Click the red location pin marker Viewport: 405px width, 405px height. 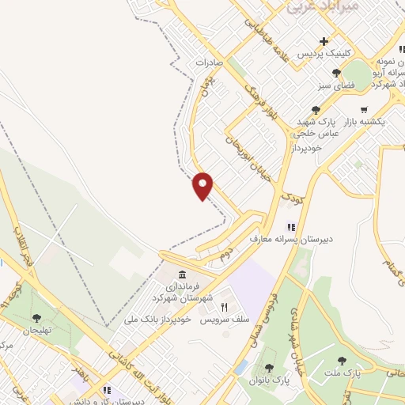(203, 185)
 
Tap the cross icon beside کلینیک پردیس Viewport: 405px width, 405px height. (323, 42)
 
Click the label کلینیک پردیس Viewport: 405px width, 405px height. (323, 55)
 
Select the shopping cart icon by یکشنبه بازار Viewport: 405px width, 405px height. (363, 110)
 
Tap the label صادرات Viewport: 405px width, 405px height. (221, 62)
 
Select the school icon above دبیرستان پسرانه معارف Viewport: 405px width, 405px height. (291, 226)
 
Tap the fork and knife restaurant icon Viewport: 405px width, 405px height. (225, 306)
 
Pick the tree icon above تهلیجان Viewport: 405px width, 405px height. (36, 318)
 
